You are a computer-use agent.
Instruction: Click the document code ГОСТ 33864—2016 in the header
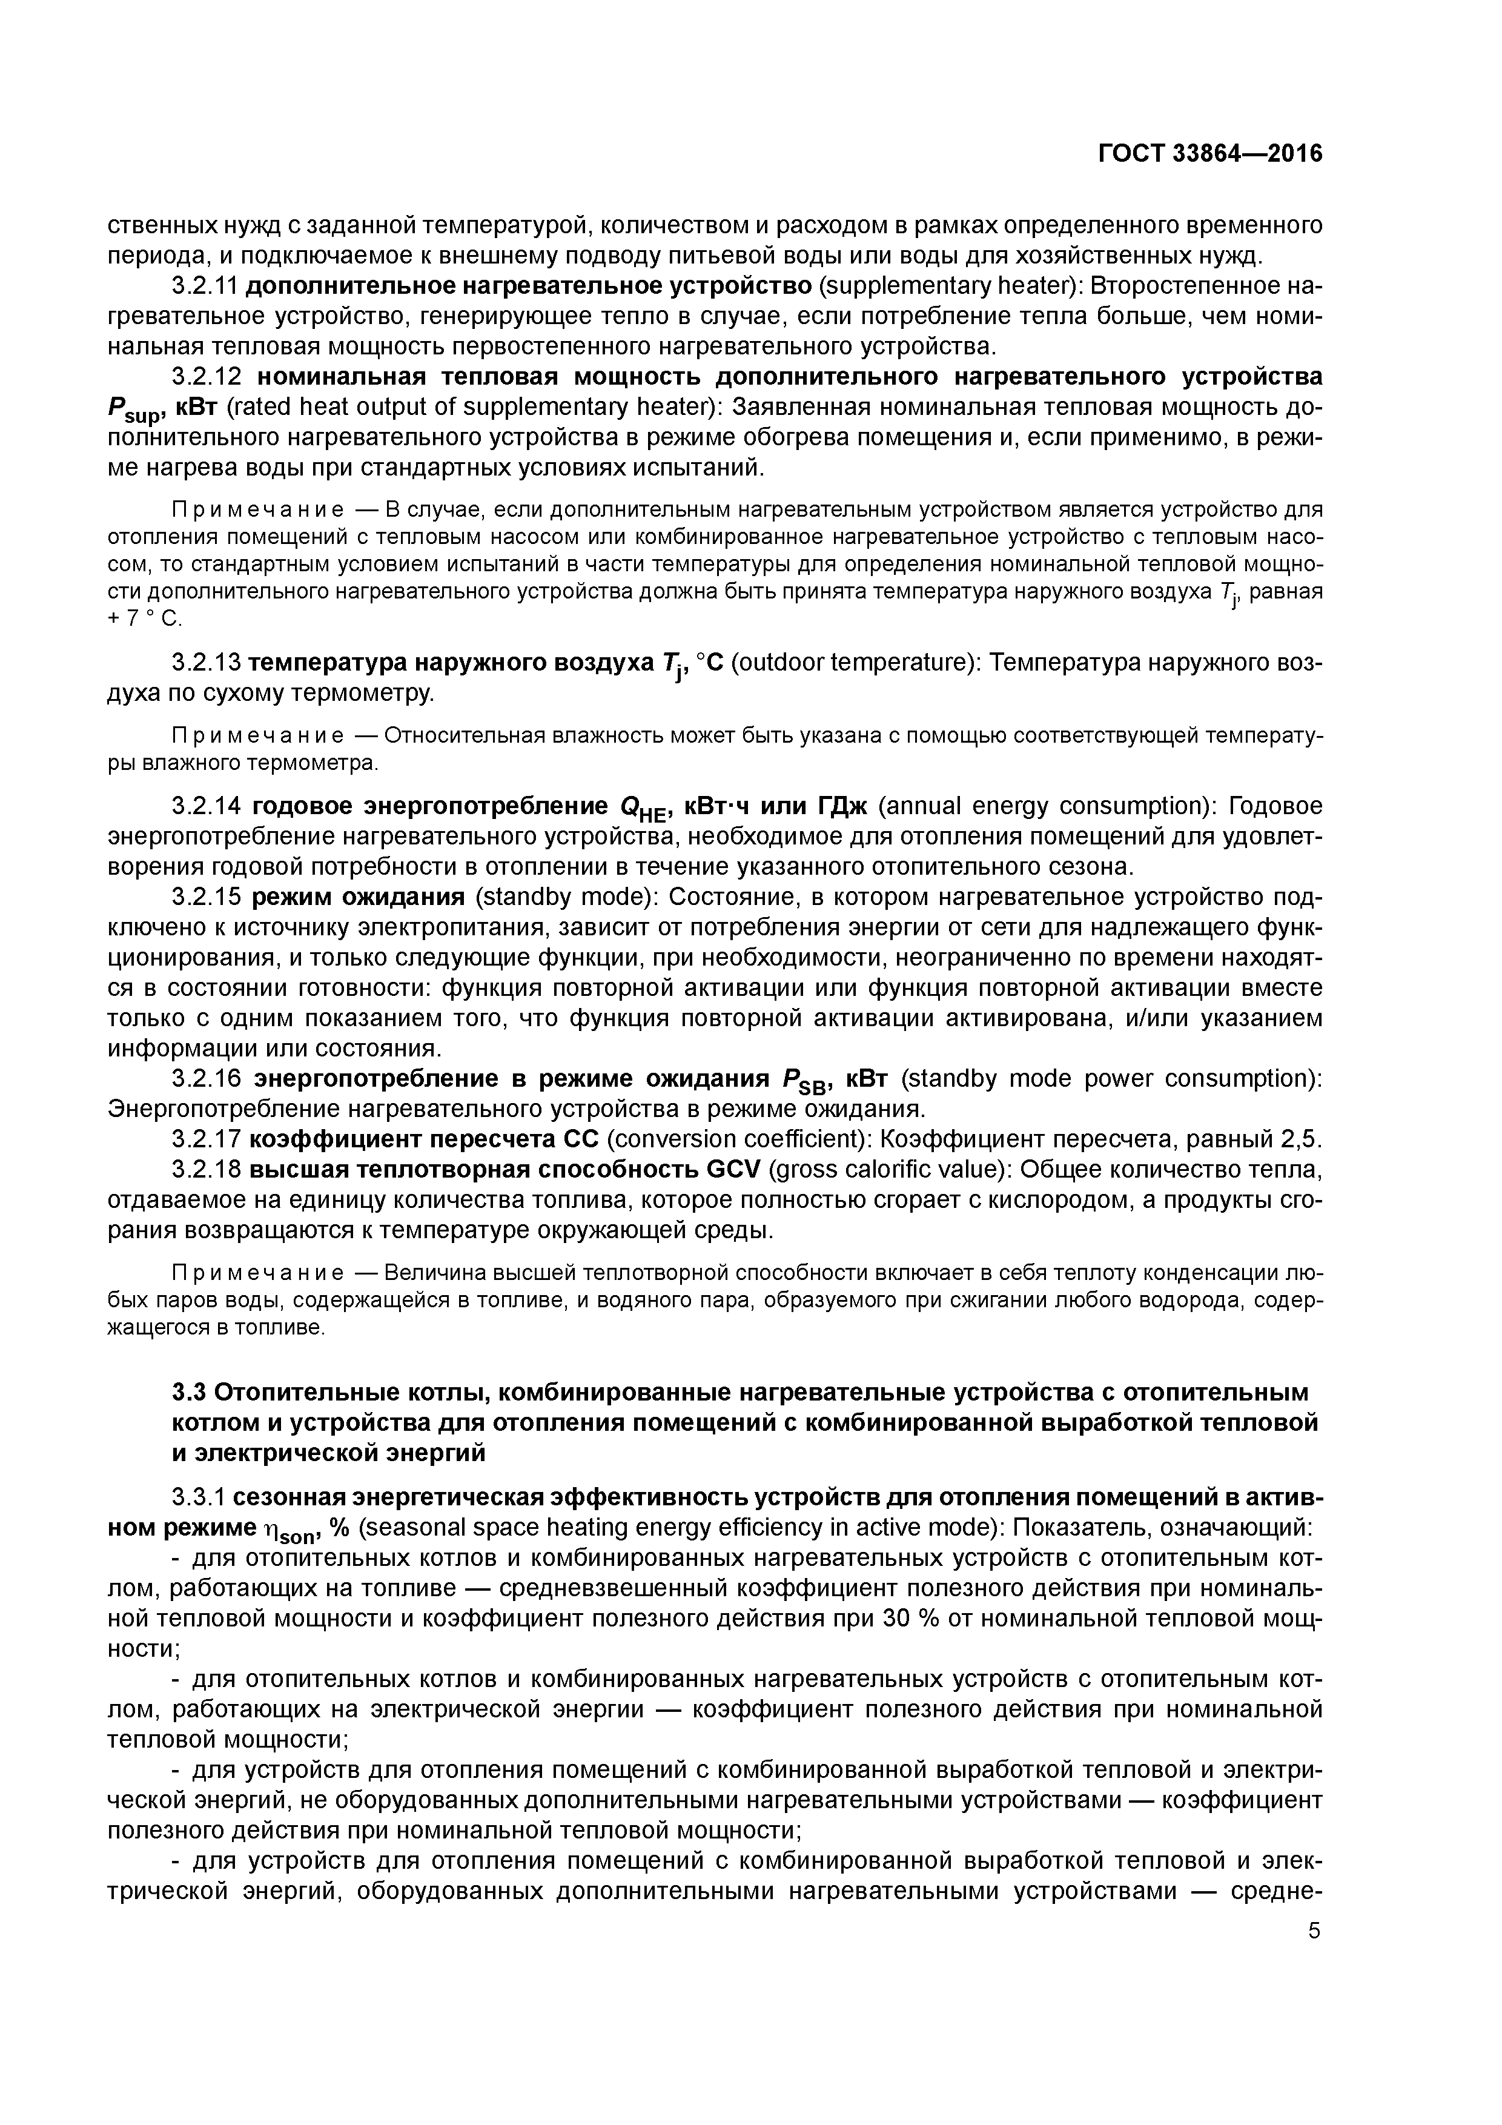[x=1209, y=154]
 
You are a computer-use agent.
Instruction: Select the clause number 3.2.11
[x=205, y=286]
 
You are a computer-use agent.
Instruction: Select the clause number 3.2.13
[x=205, y=663]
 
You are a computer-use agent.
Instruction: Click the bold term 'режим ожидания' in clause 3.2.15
[x=358, y=897]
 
